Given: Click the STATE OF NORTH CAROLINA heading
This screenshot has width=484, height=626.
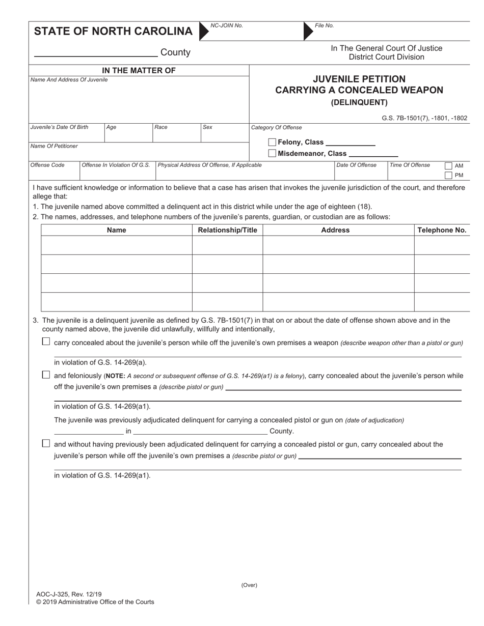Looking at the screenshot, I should tap(113, 31).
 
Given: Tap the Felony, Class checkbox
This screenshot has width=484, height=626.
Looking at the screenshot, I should tap(272, 143).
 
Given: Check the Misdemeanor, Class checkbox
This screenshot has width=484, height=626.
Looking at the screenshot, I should tap(272, 153).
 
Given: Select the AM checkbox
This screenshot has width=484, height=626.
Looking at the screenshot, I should tap(448, 166).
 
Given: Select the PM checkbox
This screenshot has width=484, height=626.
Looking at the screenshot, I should tap(448, 176).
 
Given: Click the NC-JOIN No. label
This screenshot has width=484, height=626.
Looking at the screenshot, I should tap(227, 25).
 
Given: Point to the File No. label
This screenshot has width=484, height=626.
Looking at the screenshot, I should tap(325, 25).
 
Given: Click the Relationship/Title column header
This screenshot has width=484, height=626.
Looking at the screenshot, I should tap(227, 230).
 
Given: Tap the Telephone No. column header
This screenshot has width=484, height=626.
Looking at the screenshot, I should tap(442, 230).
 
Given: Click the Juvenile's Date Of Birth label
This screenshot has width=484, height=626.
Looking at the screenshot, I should tap(59, 127).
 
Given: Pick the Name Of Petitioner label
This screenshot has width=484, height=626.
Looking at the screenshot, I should tap(54, 146).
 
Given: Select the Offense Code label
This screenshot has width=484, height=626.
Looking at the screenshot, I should tap(47, 165).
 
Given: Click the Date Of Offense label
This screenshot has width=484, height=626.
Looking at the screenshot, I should tap(356, 165).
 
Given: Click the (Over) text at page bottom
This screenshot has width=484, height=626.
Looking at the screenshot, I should tap(249, 585).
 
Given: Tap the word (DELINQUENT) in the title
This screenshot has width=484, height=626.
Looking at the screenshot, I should tap(359, 102).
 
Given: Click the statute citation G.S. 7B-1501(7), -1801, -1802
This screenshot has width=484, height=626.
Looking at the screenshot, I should tap(424, 118).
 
